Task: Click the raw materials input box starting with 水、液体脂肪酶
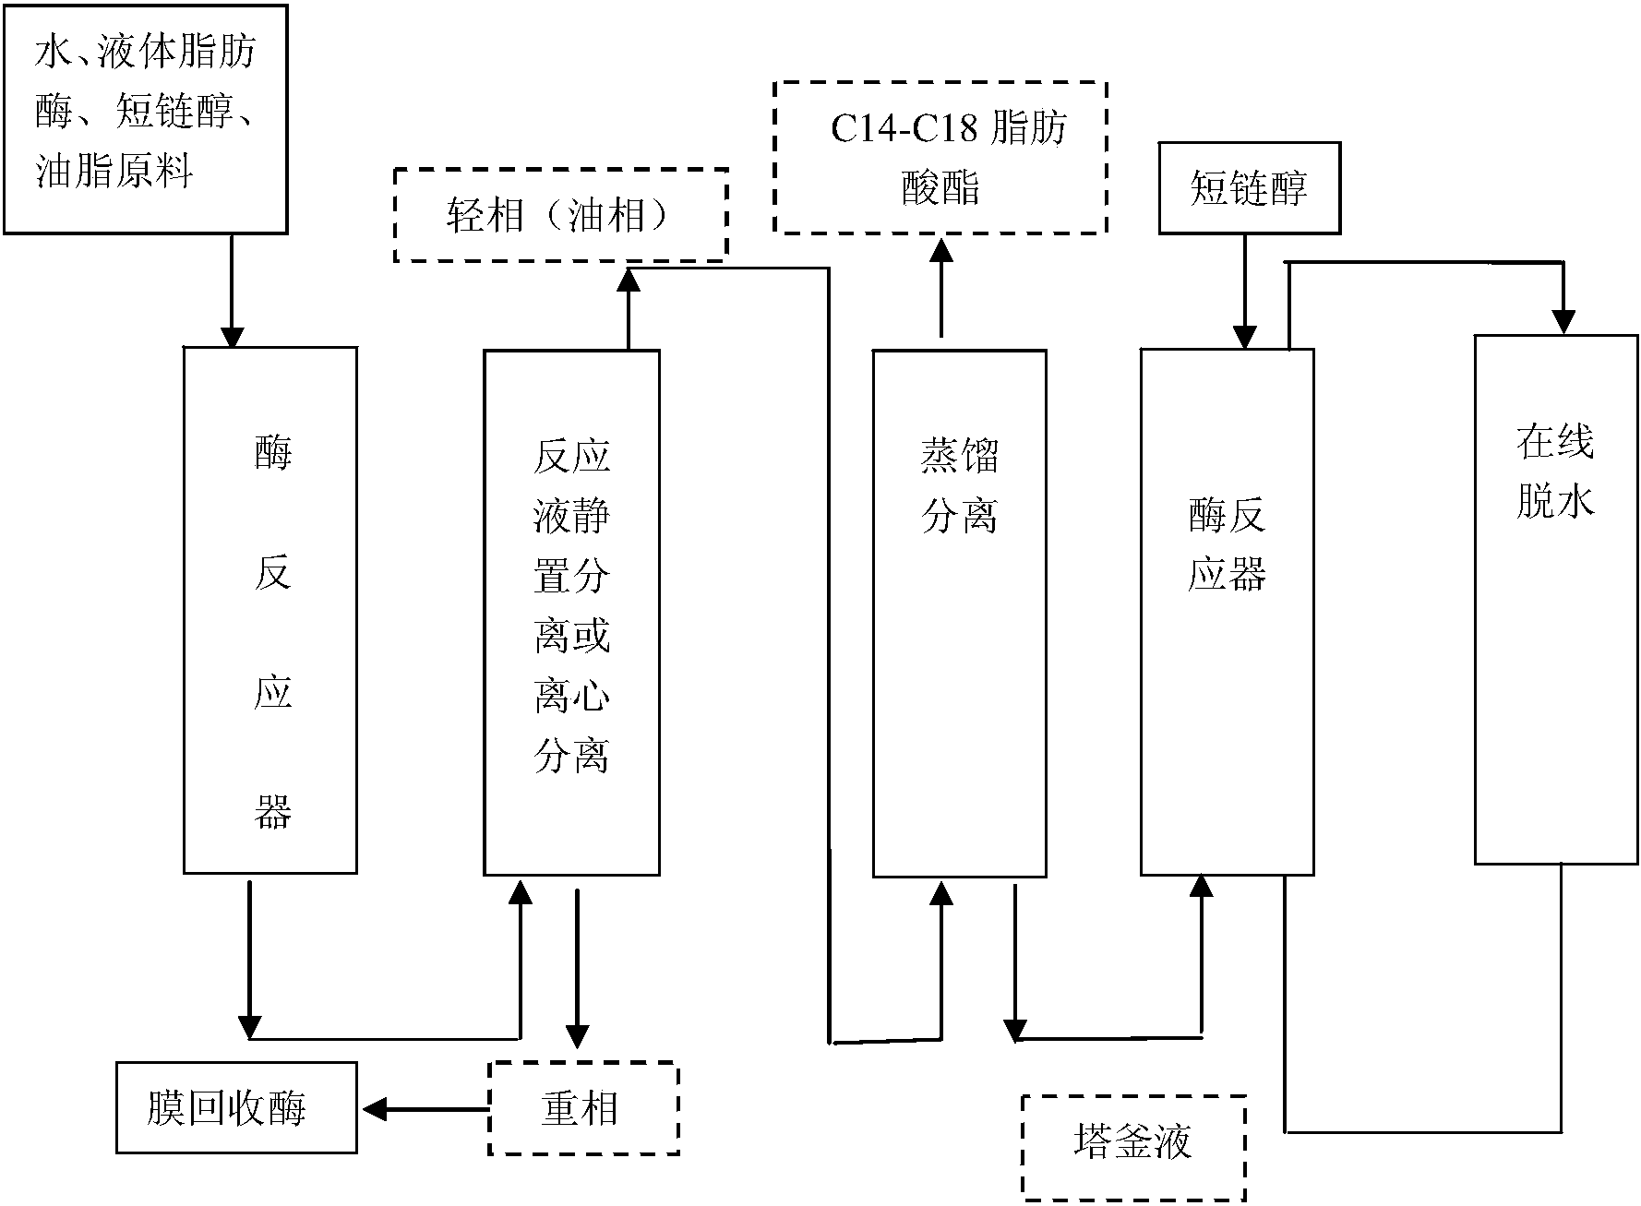pos(145,117)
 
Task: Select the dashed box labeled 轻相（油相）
pos(560,215)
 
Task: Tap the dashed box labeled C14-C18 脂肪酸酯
pos(940,157)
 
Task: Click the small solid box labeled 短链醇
pos(1248,188)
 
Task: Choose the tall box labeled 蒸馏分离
pos(959,613)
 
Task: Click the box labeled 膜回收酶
pos(236,1107)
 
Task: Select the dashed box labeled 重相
pos(582,1108)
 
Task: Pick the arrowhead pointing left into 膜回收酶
pos(373,1108)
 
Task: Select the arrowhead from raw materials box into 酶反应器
pos(231,336)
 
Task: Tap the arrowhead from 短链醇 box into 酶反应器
pos(1244,338)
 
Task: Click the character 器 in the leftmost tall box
pos(272,812)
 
